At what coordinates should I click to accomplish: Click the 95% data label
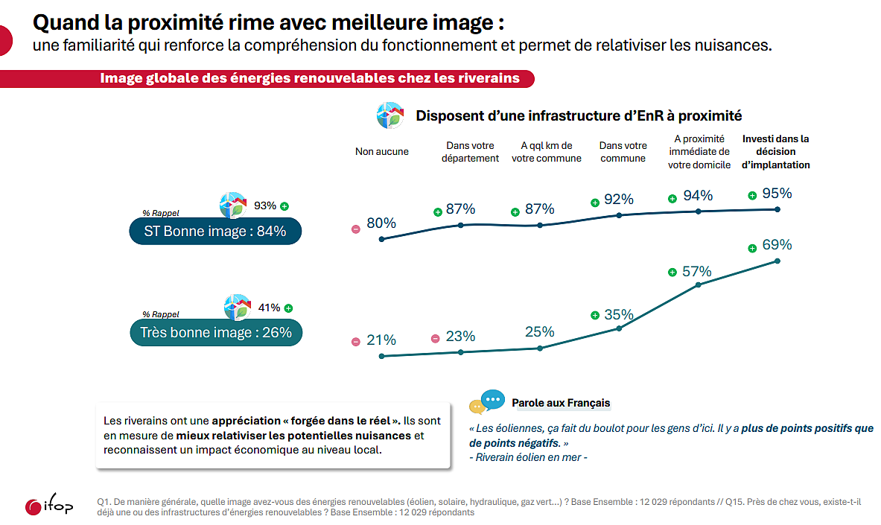click(x=777, y=194)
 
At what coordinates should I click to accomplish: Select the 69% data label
click(x=777, y=245)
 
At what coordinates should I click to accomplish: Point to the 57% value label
click(x=697, y=272)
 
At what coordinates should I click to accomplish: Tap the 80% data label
click(x=381, y=223)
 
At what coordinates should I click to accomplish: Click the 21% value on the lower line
click(x=381, y=340)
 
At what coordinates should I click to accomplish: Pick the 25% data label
click(x=539, y=332)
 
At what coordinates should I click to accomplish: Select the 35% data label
click(x=619, y=314)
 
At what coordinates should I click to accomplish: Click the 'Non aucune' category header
click(x=381, y=151)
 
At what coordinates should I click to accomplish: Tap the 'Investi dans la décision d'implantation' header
click(x=775, y=151)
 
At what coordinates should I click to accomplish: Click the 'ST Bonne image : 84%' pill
click(x=214, y=232)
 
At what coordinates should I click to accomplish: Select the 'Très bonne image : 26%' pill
click(x=216, y=333)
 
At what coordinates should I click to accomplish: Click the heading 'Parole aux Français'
click(x=561, y=403)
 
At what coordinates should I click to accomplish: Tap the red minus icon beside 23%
click(x=435, y=339)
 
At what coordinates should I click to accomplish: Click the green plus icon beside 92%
click(x=595, y=202)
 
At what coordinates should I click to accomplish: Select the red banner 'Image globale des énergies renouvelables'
click(x=309, y=78)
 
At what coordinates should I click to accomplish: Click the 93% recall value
click(x=265, y=206)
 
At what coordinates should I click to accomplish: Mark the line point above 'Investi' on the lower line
click(x=777, y=261)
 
